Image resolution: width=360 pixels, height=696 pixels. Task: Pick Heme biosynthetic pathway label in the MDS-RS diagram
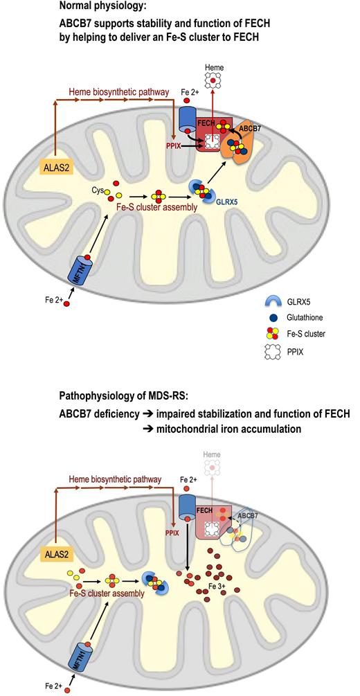coord(117,479)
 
